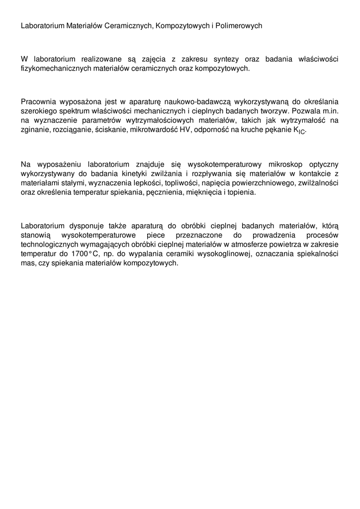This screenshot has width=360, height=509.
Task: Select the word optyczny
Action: pyautogui.click(x=324, y=164)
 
